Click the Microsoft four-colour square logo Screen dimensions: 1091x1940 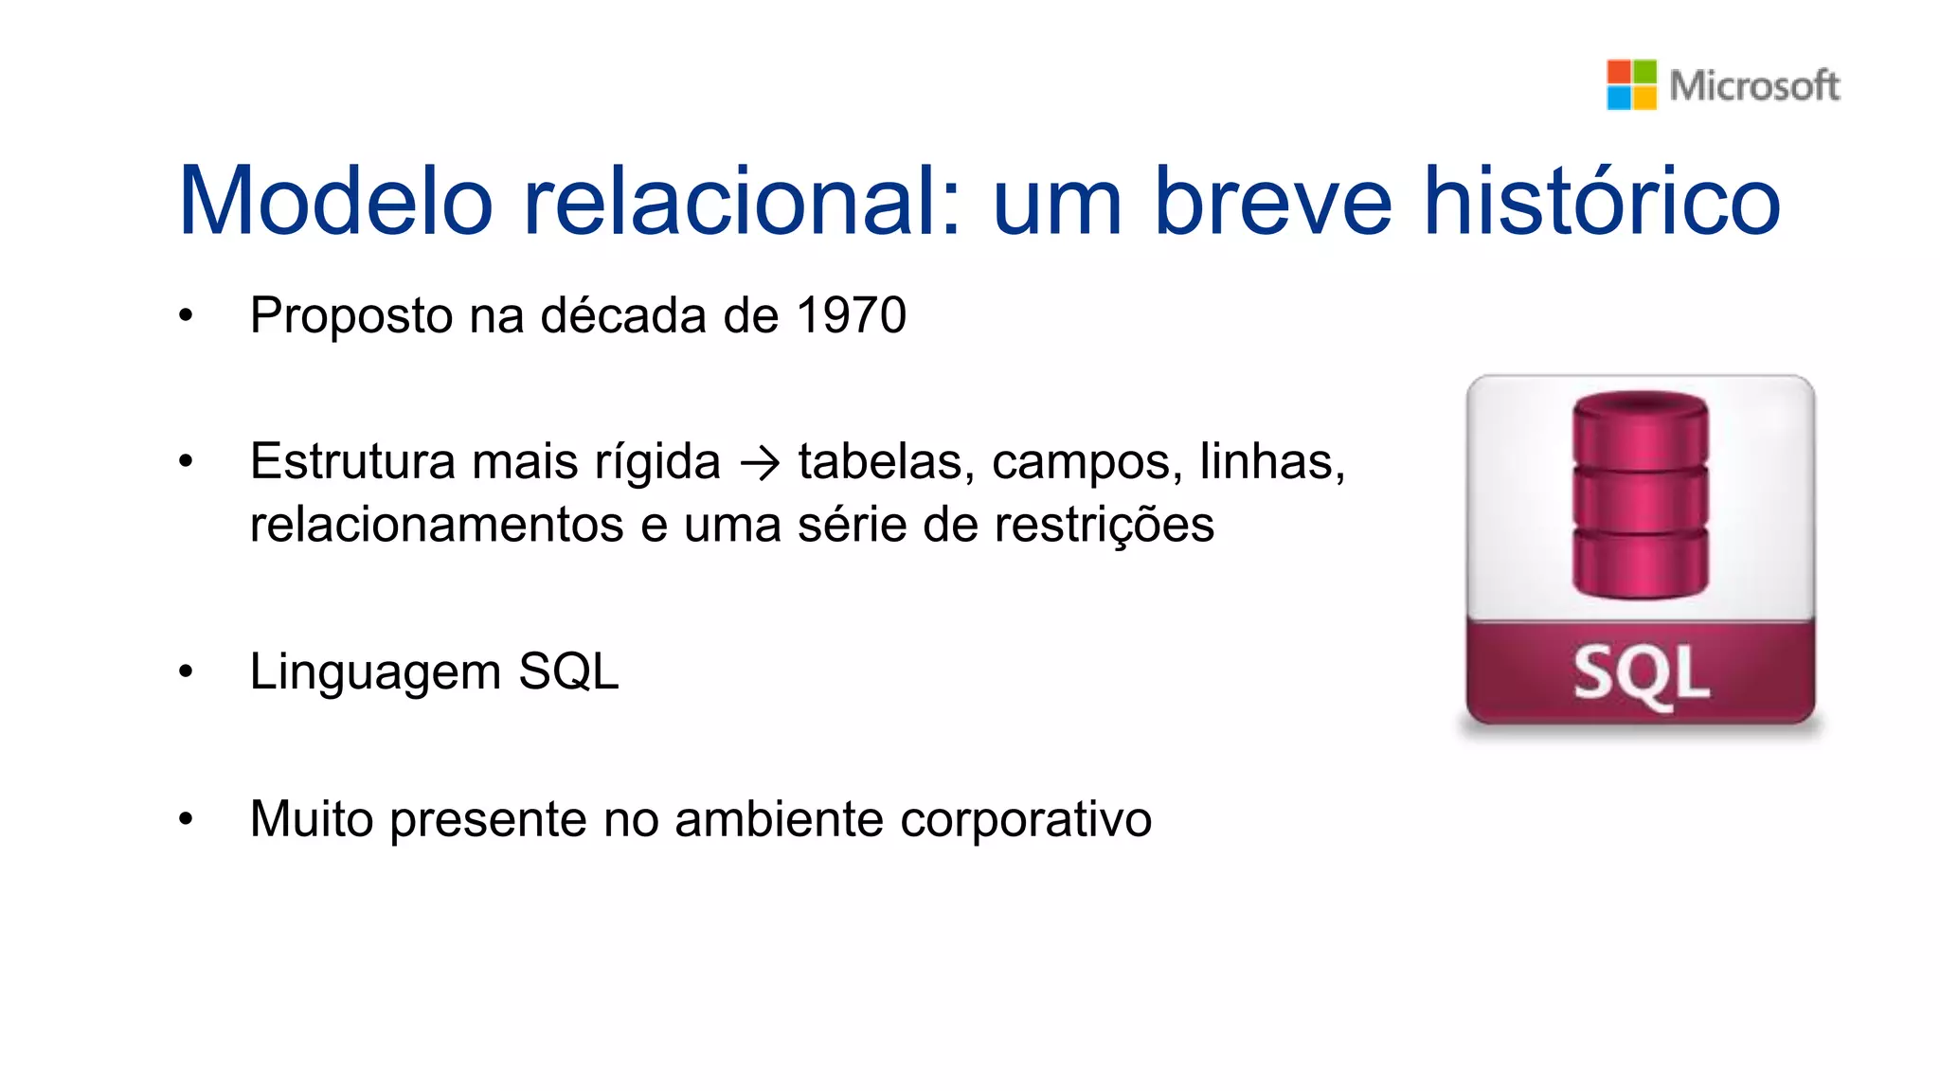coord(1631,84)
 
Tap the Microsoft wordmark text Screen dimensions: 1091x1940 coord(1754,85)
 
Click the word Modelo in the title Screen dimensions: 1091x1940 coord(336,201)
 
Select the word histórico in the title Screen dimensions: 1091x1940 coord(1602,201)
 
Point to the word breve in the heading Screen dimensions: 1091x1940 coord(1273,201)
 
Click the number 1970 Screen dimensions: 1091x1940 coord(852,315)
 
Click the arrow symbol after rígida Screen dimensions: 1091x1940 coord(760,463)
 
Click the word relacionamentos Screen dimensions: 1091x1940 coord(437,525)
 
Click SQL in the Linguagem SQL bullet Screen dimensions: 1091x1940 coord(568,671)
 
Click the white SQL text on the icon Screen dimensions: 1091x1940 coord(1641,674)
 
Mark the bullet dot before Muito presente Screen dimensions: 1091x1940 coord(186,819)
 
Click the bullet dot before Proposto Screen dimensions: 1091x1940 coord(186,316)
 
